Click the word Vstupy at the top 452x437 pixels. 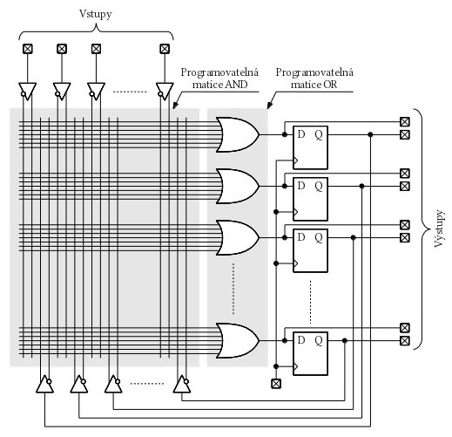coord(96,14)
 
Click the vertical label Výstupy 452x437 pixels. coord(439,229)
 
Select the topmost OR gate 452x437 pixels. coord(238,134)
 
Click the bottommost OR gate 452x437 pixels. coord(238,340)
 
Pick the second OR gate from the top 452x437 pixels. coord(238,186)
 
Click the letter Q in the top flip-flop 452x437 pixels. coord(319,135)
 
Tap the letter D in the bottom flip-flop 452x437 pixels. coord(301,340)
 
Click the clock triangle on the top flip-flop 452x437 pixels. coord(295,160)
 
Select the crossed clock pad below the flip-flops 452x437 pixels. coord(276,384)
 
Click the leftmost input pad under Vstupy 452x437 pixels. coord(28,49)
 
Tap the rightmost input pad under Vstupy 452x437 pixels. coord(165,49)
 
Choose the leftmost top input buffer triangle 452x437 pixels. coord(28,92)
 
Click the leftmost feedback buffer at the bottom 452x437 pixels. coord(44,384)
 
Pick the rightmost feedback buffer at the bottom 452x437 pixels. coord(182,384)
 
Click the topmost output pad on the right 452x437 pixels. coord(405,121)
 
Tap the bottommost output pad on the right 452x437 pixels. coord(405,340)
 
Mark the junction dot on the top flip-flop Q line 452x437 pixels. coord(370,134)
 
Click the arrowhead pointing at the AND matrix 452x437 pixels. coord(175,106)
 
